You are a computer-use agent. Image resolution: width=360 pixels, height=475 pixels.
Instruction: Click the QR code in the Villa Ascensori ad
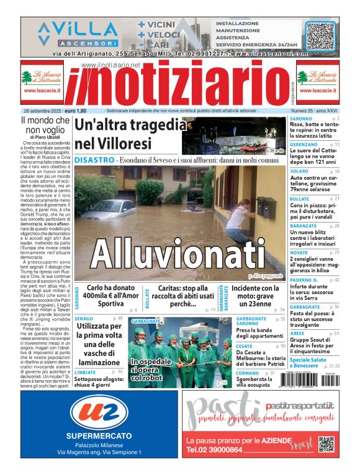pyautogui.click(x=320, y=35)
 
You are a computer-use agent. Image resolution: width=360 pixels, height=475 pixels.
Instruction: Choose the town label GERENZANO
pyautogui.click(x=305, y=144)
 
